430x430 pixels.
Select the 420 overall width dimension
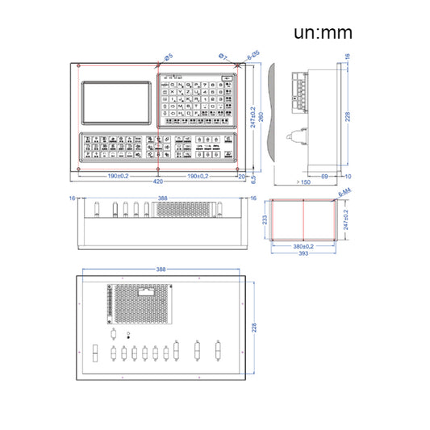pos(157,182)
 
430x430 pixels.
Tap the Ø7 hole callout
pos(223,56)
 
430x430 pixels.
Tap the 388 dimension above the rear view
pos(161,269)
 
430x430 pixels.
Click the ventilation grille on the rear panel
pos(142,301)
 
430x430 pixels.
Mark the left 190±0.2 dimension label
pos(118,175)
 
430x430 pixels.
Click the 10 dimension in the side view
pos(348,175)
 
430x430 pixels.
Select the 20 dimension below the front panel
pos(242,175)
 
